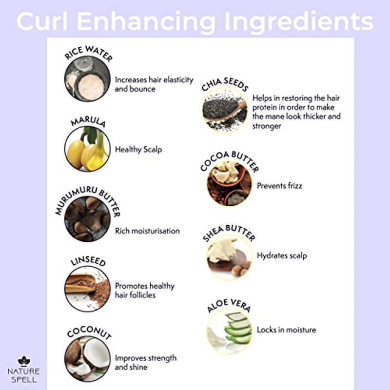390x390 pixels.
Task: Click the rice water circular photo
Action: coord(87,79)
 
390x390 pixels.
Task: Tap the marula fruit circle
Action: coord(87,149)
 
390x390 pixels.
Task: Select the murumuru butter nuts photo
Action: coord(87,219)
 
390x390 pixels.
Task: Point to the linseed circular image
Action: coord(87,289)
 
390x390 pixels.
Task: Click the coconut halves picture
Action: coord(87,358)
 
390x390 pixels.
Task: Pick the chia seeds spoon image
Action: coord(225,110)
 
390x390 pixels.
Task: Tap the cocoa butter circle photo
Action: coord(229,184)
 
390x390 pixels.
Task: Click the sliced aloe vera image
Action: coord(229,331)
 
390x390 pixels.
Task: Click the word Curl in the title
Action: coord(42,21)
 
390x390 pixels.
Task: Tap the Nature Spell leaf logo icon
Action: coord(24,361)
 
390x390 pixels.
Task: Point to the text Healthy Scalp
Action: coord(138,150)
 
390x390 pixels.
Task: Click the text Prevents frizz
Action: coord(279,186)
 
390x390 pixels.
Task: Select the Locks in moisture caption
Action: coord(286,330)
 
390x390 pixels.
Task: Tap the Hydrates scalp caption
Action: coord(282,255)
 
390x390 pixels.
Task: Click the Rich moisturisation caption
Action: coord(147,231)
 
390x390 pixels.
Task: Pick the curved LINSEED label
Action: coord(88,261)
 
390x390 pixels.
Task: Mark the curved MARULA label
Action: coord(88,121)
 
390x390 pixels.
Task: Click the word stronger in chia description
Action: coord(267,126)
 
